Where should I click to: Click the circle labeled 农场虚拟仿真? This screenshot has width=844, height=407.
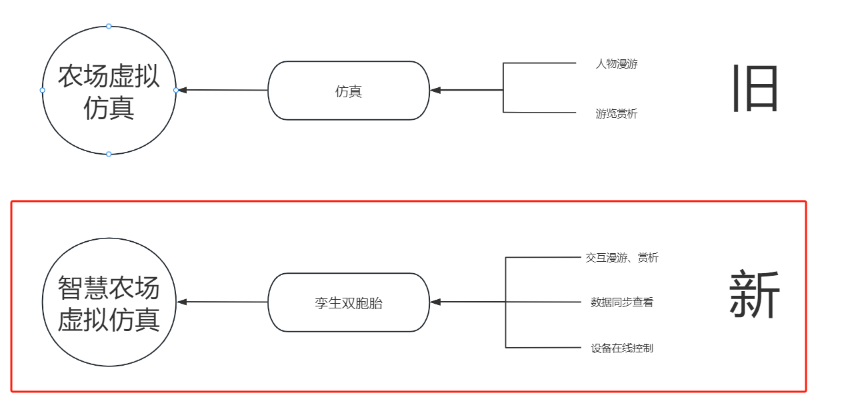click(x=109, y=91)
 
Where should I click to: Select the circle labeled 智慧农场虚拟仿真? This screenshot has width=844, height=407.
click(x=109, y=303)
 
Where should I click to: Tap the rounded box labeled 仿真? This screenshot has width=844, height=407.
click(x=349, y=91)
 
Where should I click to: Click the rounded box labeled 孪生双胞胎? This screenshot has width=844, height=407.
click(x=349, y=303)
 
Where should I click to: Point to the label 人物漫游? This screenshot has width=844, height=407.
click(x=617, y=64)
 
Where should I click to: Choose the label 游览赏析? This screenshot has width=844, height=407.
click(x=617, y=114)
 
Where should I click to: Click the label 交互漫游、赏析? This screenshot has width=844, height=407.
click(x=622, y=258)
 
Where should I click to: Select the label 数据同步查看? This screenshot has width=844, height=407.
click(x=622, y=302)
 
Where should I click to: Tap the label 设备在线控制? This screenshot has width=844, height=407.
click(x=622, y=348)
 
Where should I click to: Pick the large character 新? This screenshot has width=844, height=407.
click(x=754, y=295)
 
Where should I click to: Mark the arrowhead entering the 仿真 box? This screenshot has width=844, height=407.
click(x=435, y=90)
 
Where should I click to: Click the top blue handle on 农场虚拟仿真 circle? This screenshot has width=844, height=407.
click(x=109, y=27)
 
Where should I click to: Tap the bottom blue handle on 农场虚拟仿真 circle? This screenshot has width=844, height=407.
click(x=109, y=154)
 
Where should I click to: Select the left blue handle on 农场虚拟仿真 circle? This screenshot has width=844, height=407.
click(x=43, y=90)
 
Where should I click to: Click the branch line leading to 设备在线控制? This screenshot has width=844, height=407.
click(x=543, y=348)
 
